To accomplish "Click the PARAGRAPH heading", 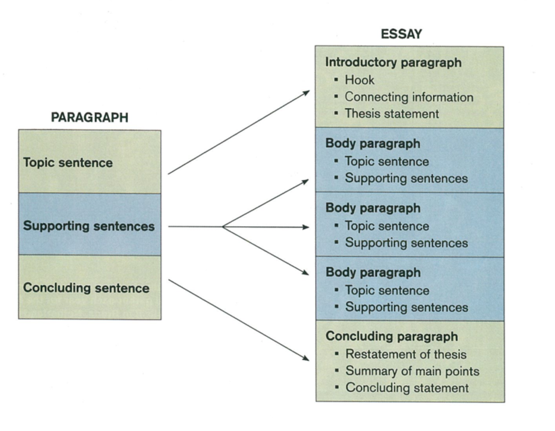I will pos(89,117).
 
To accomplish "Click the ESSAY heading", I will pos(401,34).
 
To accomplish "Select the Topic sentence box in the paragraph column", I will pos(89,162).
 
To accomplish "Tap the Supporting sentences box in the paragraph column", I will pos(89,226).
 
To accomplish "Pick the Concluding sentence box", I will pos(89,288).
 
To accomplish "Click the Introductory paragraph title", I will pos(393,62).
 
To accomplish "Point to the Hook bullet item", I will pos(359,80).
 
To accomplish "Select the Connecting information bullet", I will pos(408,97).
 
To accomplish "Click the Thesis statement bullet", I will pos(392,113).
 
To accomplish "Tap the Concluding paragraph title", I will pos(392,336).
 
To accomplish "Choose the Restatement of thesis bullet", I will pos(405,354).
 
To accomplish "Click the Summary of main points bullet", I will pos(412,371).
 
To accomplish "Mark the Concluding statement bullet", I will pos(407,388).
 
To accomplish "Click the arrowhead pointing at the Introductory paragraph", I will pos(307,92).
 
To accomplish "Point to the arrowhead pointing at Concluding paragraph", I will pos(306,359).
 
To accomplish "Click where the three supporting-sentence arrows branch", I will pos(223,227).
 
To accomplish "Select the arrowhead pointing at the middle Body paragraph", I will pos(306,227).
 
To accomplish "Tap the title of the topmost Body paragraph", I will pos(372,143).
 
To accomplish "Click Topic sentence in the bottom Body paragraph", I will pos(387,291).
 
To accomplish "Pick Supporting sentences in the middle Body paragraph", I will pos(406,243).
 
